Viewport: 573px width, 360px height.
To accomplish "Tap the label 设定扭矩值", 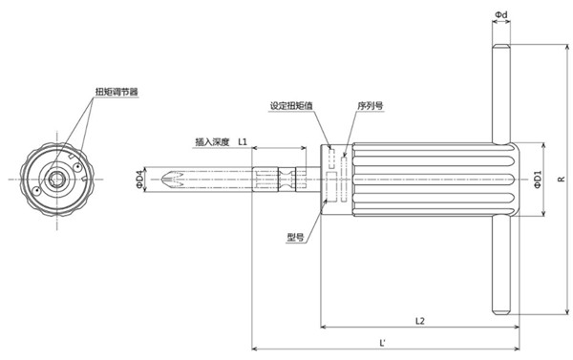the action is point(290,106).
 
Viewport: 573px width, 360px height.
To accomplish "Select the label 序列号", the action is point(368,106).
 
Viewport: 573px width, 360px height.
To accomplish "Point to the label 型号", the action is point(295,236).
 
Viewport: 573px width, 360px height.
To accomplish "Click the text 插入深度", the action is point(212,141).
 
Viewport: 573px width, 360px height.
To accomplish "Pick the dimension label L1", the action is point(243,141).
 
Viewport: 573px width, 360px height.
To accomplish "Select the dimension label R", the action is point(561,178).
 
